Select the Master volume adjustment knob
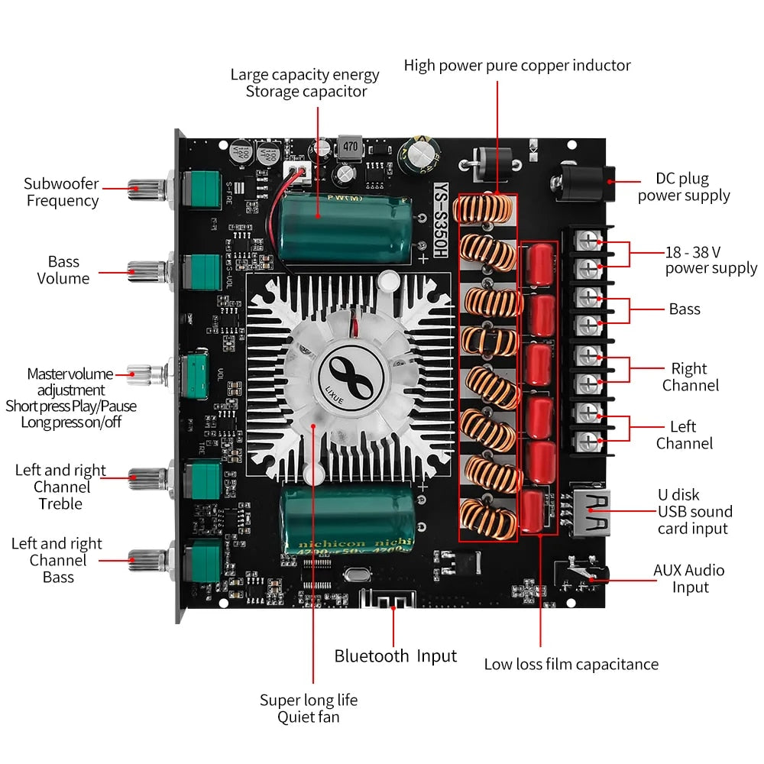click(147, 374)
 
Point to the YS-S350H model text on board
click(440, 220)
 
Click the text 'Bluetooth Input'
click(395, 656)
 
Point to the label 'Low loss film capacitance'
click(571, 664)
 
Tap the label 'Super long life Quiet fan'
click(308, 708)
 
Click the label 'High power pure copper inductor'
click(517, 66)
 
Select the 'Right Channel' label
click(690, 377)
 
